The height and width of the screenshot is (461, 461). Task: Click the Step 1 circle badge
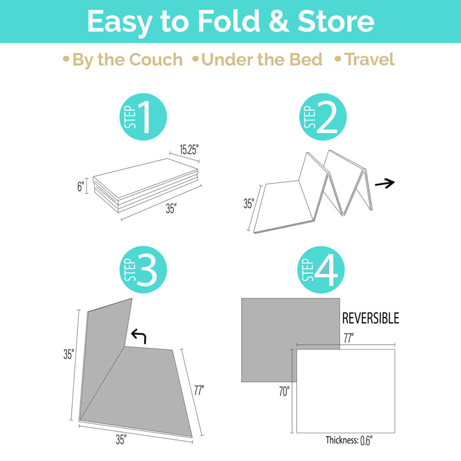(x=143, y=117)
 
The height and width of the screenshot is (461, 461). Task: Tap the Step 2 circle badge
(x=323, y=117)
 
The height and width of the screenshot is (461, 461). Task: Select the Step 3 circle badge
(x=143, y=270)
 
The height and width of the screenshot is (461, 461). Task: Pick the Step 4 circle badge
(x=321, y=270)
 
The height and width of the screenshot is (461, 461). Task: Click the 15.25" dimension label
(x=189, y=150)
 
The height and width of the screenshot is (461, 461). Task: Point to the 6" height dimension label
(x=81, y=186)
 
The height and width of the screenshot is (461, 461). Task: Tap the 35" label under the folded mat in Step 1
(x=171, y=209)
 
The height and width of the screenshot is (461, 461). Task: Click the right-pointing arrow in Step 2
(x=385, y=183)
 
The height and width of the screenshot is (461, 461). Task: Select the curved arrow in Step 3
(x=138, y=336)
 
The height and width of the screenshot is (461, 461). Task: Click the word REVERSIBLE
(x=371, y=319)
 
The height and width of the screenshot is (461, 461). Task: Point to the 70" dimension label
(x=284, y=391)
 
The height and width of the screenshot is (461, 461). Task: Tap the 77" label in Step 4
(x=349, y=338)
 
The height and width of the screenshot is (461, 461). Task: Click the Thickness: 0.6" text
(x=349, y=440)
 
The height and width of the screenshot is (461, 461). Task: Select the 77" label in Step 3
(x=199, y=390)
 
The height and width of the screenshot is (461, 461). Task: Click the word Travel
(x=369, y=59)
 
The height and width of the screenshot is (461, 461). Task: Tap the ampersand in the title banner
(x=279, y=21)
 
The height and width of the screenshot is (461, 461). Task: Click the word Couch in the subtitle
(x=156, y=59)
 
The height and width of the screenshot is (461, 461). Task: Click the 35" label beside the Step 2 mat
(x=249, y=203)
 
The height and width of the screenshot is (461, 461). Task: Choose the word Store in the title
(x=336, y=21)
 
